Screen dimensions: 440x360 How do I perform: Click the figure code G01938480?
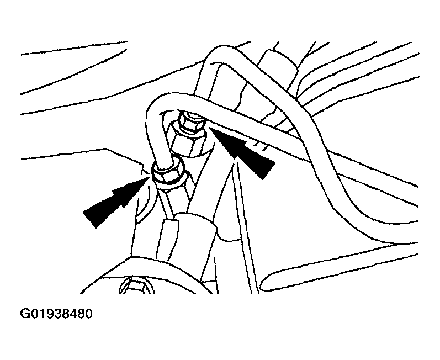(x=56, y=314)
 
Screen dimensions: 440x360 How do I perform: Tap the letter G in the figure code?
(x=24, y=314)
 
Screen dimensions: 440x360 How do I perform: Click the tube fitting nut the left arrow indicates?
(x=168, y=174)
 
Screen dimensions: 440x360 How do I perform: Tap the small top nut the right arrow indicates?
(x=192, y=122)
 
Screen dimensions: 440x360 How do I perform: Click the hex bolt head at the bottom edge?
(x=137, y=286)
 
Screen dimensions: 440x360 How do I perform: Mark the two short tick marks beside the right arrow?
(x=259, y=146)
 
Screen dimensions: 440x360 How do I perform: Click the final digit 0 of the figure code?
(x=88, y=314)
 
